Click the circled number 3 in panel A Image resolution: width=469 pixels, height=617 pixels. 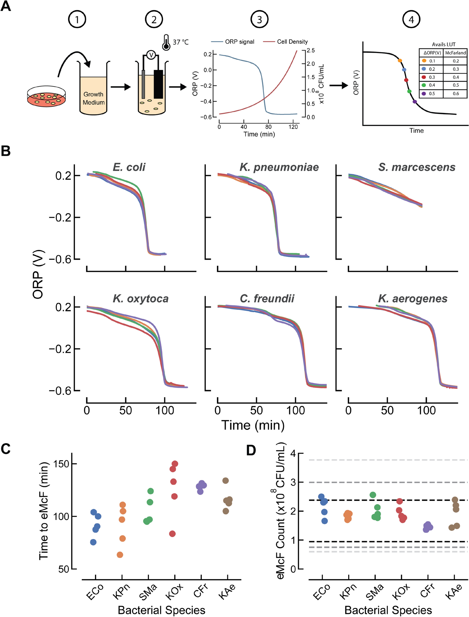pyautogui.click(x=259, y=20)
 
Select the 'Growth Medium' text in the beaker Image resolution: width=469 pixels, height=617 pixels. pyautogui.click(x=93, y=98)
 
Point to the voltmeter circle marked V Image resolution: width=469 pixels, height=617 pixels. pyautogui.click(x=151, y=55)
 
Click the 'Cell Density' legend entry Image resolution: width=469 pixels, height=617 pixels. pyautogui.click(x=292, y=42)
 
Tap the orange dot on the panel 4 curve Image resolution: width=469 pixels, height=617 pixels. pyautogui.click(x=400, y=61)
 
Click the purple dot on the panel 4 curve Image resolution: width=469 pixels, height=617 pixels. pyautogui.click(x=415, y=102)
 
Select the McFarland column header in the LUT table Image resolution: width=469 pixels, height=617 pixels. pyautogui.click(x=455, y=53)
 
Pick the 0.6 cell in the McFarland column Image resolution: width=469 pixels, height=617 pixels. pyautogui.click(x=456, y=94)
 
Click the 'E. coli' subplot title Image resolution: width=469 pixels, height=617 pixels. pyautogui.click(x=129, y=167)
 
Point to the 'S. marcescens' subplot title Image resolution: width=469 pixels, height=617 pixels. pyautogui.click(x=417, y=167)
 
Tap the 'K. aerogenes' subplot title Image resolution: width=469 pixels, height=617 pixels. pyautogui.click(x=412, y=299)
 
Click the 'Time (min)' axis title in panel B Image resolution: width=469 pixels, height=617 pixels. pyautogui.click(x=253, y=425)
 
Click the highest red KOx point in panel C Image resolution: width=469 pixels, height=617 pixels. pyautogui.click(x=175, y=464)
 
